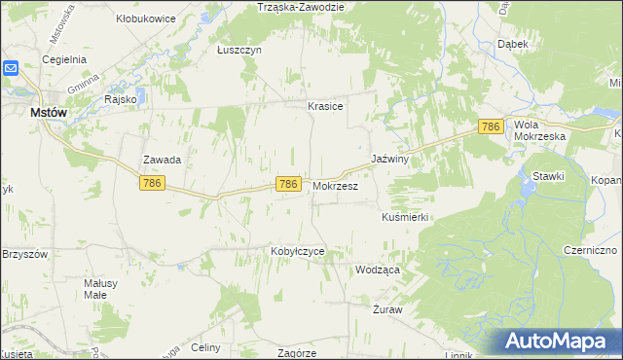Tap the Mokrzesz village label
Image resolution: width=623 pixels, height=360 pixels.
[336, 185]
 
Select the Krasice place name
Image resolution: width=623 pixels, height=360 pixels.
[325, 106]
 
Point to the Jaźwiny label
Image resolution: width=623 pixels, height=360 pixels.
[388, 158]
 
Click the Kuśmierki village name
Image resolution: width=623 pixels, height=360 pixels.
[406, 217]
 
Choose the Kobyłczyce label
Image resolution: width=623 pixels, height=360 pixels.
[297, 251]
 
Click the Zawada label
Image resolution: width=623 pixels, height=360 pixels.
[163, 159]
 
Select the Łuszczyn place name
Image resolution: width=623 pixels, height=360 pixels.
[239, 50]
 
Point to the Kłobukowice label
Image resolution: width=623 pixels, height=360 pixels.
[147, 18]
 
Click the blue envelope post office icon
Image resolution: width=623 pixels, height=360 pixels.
[11, 69]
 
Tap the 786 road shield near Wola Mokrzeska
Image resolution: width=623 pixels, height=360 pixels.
[492, 126]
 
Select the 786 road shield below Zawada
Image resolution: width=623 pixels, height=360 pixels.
[151, 183]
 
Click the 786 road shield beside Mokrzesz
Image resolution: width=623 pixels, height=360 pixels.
[286, 184]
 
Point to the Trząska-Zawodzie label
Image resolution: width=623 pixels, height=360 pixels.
[301, 7]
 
